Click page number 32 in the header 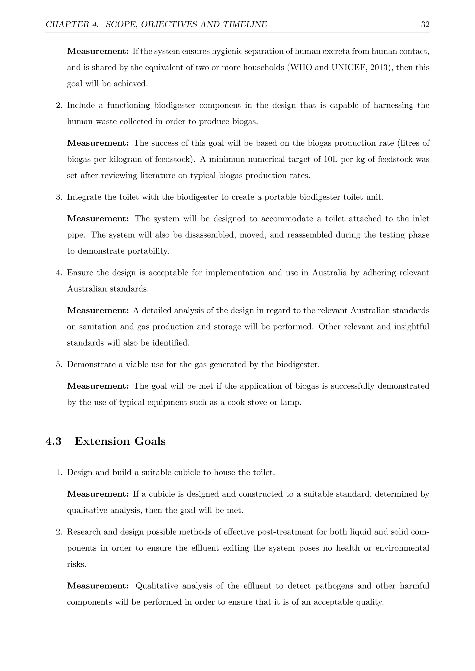pos(425,24)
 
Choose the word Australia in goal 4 pos(329,273)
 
